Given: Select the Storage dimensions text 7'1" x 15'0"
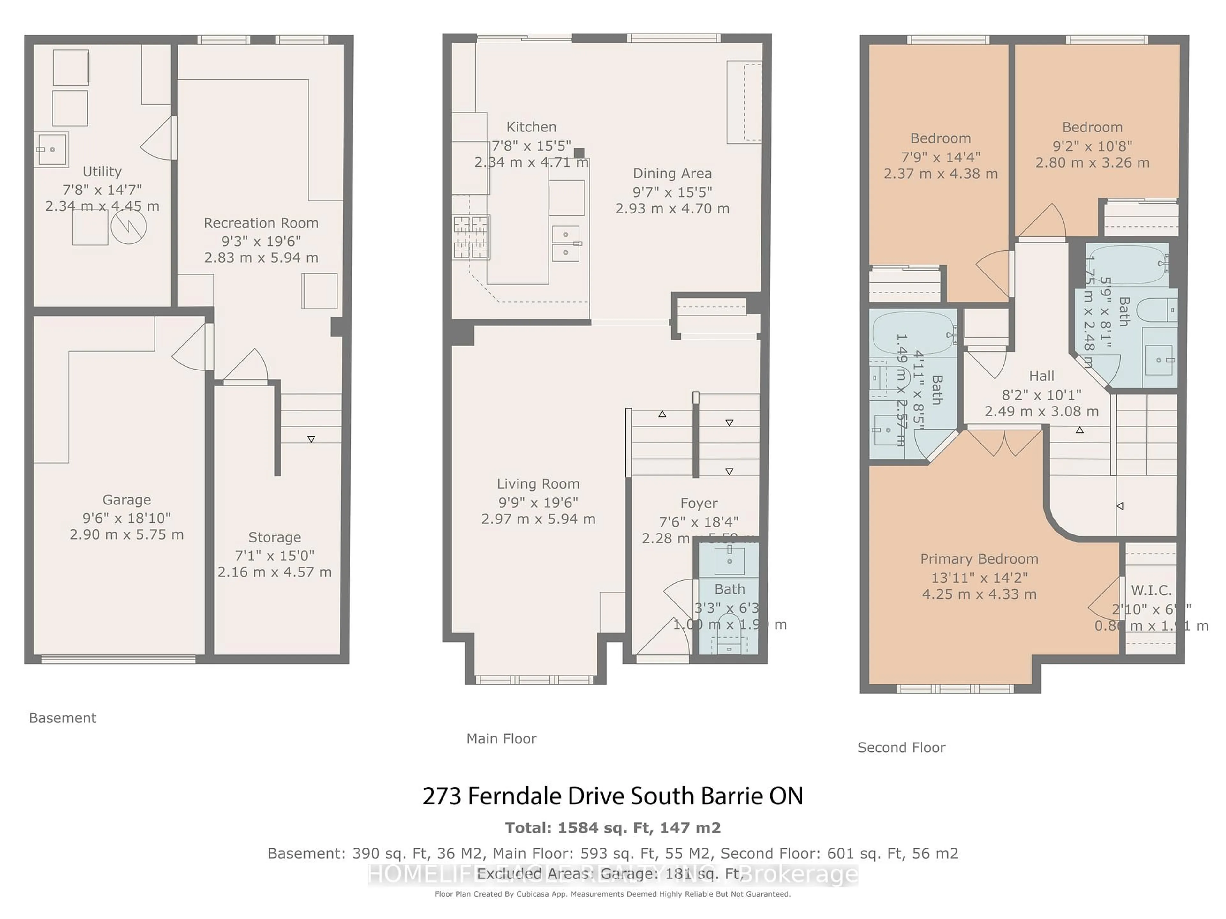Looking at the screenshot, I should point(274,556).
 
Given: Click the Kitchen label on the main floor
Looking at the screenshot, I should point(531,127).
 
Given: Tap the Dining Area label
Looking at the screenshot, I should point(672,173).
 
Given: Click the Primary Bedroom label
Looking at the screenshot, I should point(979,559).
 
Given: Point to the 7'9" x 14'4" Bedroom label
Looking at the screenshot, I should point(941,138).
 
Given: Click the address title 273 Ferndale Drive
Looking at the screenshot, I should point(612,796).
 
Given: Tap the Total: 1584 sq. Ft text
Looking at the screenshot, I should point(612,828).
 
